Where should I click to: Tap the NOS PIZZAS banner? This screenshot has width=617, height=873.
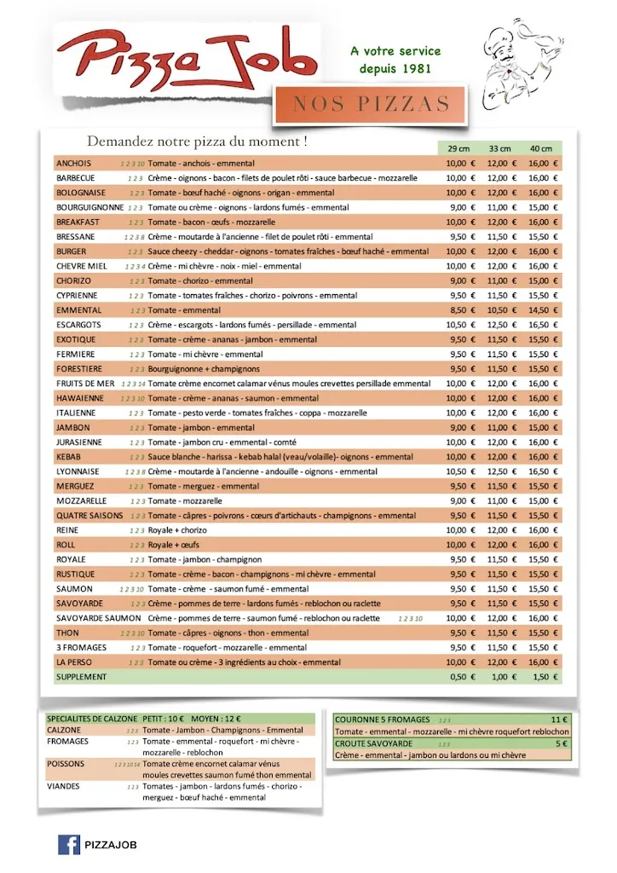point(371,104)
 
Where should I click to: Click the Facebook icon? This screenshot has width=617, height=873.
point(69,844)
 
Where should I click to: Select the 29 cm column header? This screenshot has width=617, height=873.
point(458,148)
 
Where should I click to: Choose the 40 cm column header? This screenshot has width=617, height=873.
point(540,148)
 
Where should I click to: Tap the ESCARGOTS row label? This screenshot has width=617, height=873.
point(78,325)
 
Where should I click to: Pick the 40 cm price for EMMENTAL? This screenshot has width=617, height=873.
point(542,310)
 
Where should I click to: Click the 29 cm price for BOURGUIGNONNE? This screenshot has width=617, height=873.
point(458,207)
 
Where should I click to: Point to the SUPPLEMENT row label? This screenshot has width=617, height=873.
point(82,677)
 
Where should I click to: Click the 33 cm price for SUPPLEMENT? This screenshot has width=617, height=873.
point(499,677)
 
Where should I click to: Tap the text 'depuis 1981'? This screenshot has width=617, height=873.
point(395,68)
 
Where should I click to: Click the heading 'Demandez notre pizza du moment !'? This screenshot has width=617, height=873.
point(197,141)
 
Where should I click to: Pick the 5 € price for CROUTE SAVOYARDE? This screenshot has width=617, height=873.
point(561,743)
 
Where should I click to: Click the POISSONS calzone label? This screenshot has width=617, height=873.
point(66,764)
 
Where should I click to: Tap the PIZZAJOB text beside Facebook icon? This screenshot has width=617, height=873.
point(112,844)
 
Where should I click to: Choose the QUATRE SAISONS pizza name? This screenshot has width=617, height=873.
point(89,516)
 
